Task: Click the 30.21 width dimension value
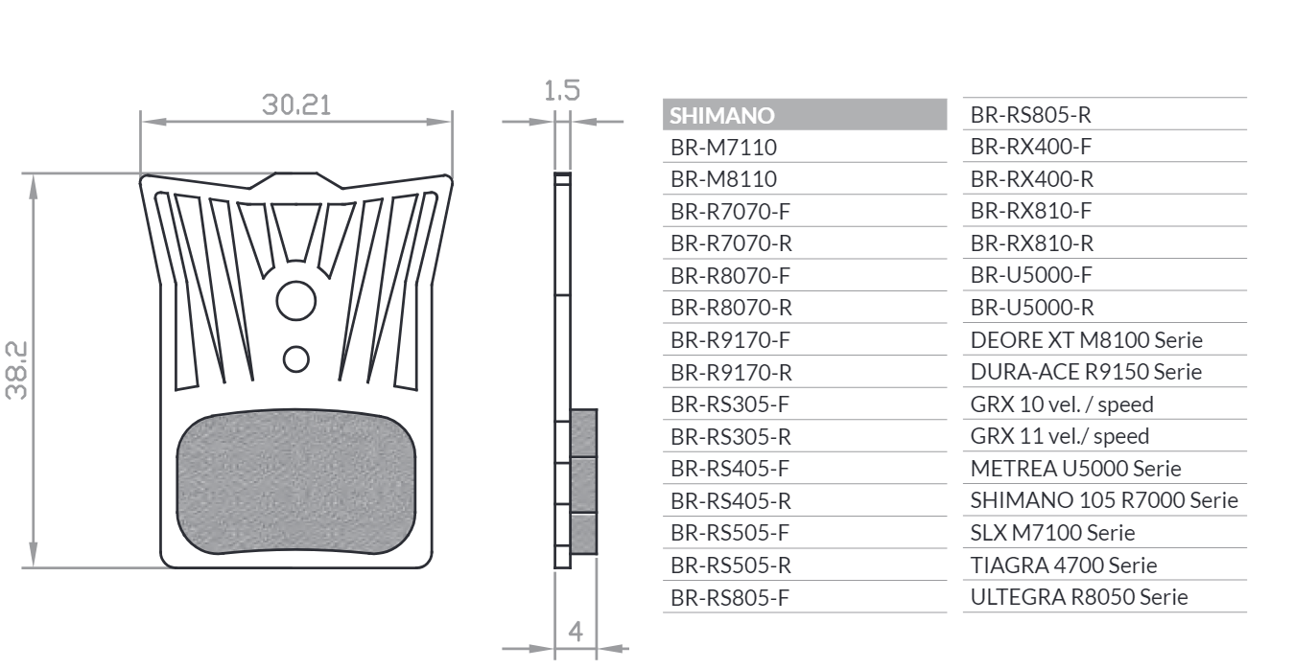click(x=296, y=105)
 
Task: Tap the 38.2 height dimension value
click(x=16, y=371)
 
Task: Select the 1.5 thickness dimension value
click(x=562, y=91)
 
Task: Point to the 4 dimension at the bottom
click(x=576, y=632)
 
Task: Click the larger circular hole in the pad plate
click(x=295, y=301)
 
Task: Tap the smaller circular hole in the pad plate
click(x=296, y=359)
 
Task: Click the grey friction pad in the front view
click(x=295, y=482)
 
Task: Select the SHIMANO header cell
click(x=805, y=115)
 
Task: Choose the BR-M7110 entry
click(x=723, y=148)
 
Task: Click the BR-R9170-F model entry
click(x=730, y=340)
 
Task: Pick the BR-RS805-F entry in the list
click(x=730, y=598)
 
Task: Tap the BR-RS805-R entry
click(x=1030, y=115)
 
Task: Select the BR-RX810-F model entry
click(x=1031, y=211)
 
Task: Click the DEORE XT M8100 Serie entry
click(x=1087, y=340)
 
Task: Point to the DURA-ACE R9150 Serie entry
click(x=1086, y=372)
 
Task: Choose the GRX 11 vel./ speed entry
click(x=1059, y=436)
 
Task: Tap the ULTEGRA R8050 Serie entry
click(x=1079, y=597)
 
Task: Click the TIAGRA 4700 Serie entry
click(x=1064, y=565)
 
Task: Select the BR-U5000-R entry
click(x=1032, y=308)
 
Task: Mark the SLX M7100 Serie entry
click(x=1052, y=533)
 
